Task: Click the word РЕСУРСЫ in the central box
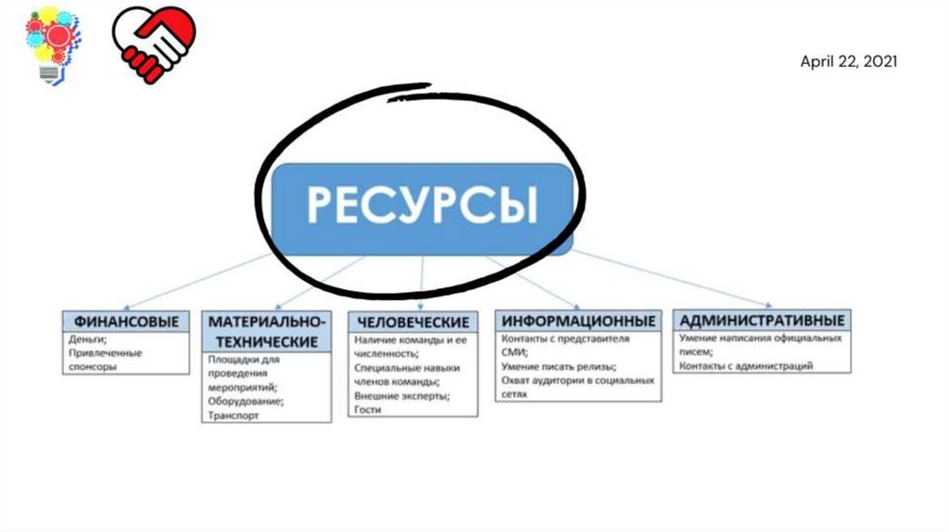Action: [x=422, y=205]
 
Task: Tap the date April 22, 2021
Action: [x=848, y=61]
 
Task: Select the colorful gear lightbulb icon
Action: [x=52, y=44]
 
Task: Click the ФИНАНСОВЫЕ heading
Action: [x=126, y=322]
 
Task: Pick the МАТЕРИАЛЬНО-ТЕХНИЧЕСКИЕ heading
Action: [x=266, y=331]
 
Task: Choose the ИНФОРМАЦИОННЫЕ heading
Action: [x=578, y=321]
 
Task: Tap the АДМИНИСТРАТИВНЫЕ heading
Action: [x=762, y=321]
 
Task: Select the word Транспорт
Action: [x=234, y=416]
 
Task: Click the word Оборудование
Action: [x=246, y=401]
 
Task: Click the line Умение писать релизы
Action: [x=558, y=366]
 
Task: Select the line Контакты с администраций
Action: [x=746, y=366]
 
